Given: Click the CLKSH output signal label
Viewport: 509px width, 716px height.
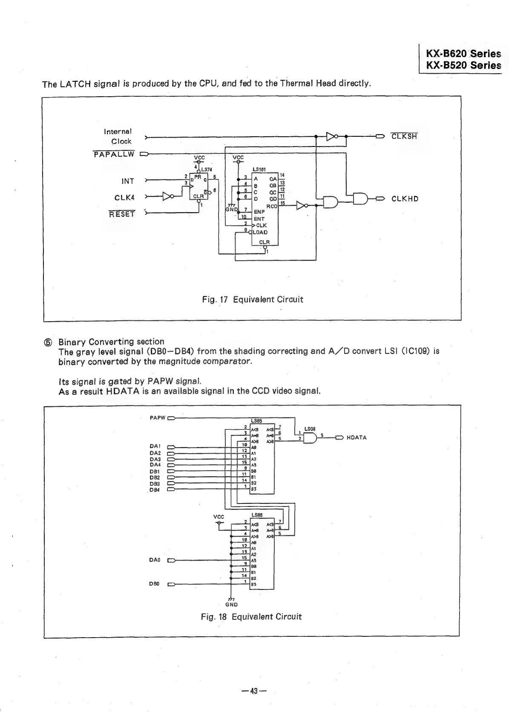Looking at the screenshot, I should [x=404, y=136].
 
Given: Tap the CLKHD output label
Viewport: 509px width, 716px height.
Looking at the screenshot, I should [x=405, y=199].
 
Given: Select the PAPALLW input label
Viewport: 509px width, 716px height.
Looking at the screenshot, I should [x=114, y=154].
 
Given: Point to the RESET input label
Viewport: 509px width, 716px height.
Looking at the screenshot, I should [x=122, y=214].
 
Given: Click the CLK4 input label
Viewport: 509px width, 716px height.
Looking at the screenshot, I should [x=124, y=198].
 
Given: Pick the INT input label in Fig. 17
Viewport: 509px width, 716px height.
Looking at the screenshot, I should [x=128, y=181].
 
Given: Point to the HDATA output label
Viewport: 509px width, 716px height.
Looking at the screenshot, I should [x=357, y=437].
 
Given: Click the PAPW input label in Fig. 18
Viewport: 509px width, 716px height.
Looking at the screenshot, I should [x=157, y=418].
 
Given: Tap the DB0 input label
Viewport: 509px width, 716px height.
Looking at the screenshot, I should [x=155, y=584].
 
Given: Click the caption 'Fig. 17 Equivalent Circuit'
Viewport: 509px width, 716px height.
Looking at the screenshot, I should [x=253, y=299].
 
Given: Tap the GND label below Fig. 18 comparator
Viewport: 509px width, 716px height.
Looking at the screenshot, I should [x=231, y=604].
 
